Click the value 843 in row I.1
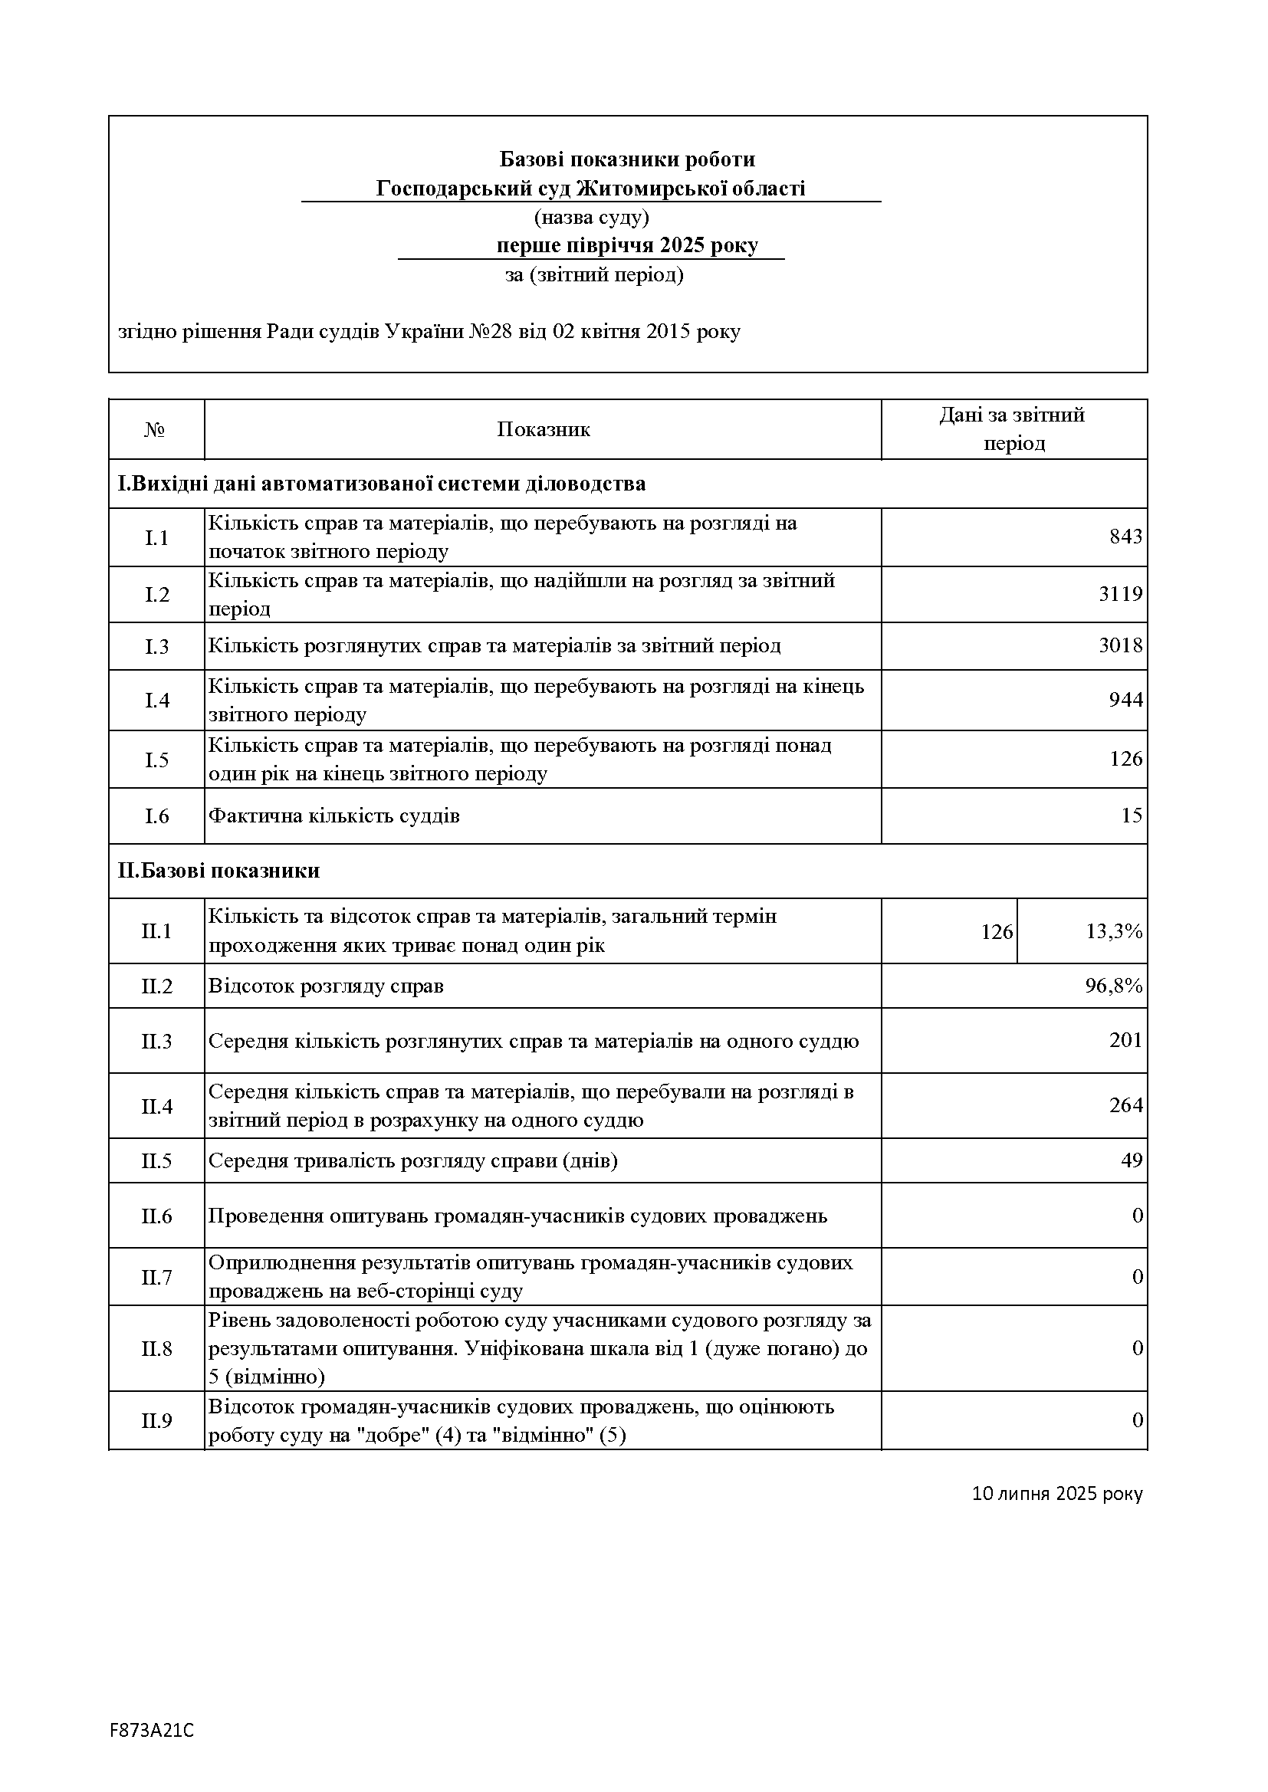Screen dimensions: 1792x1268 [x=1125, y=537]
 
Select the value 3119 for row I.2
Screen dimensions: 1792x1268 [x=1121, y=595]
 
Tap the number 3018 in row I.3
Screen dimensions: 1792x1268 [x=1121, y=645]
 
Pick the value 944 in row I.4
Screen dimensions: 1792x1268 [x=1125, y=700]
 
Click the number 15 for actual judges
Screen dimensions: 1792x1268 [x=1131, y=816]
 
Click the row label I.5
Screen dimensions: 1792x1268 [x=157, y=760]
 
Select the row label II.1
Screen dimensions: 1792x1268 [x=157, y=931]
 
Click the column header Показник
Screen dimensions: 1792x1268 [x=544, y=429]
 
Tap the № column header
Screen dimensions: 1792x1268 [x=155, y=430]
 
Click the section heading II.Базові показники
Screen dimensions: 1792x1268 [x=218, y=871]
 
